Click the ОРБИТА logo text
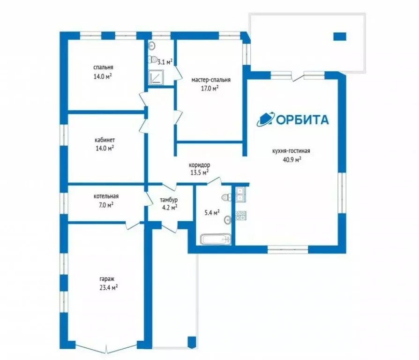click(302, 120)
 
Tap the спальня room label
click(103, 67)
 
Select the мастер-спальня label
click(211, 80)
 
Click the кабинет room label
click(105, 140)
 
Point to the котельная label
click(106, 196)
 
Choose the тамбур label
click(169, 200)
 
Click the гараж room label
click(107, 279)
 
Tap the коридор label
click(199, 165)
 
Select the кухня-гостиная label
click(291, 151)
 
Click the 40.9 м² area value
click(292, 160)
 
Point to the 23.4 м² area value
click(109, 288)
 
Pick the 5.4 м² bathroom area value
click(212, 213)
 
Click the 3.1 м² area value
click(165, 62)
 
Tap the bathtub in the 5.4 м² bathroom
click(216, 239)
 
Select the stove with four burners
click(241, 216)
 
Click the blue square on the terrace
click(340, 37)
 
